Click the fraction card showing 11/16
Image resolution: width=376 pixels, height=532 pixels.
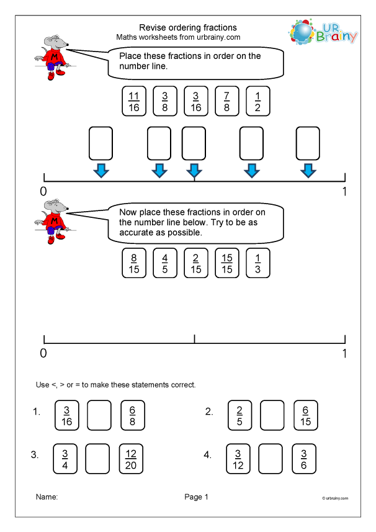[134, 101]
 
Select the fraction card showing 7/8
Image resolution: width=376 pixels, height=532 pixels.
[227, 101]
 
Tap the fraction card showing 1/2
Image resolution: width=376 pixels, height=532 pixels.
[258, 101]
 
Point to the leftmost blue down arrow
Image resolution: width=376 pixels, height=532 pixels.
[101, 171]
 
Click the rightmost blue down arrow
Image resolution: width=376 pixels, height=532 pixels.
[307, 171]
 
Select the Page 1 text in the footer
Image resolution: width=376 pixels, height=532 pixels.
[196, 497]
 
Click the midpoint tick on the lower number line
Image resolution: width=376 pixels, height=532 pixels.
[194, 339]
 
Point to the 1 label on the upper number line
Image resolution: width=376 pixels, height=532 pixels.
[344, 192]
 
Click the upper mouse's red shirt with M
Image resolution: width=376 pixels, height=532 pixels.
[56, 59]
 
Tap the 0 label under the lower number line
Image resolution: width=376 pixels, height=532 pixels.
[43, 353]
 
